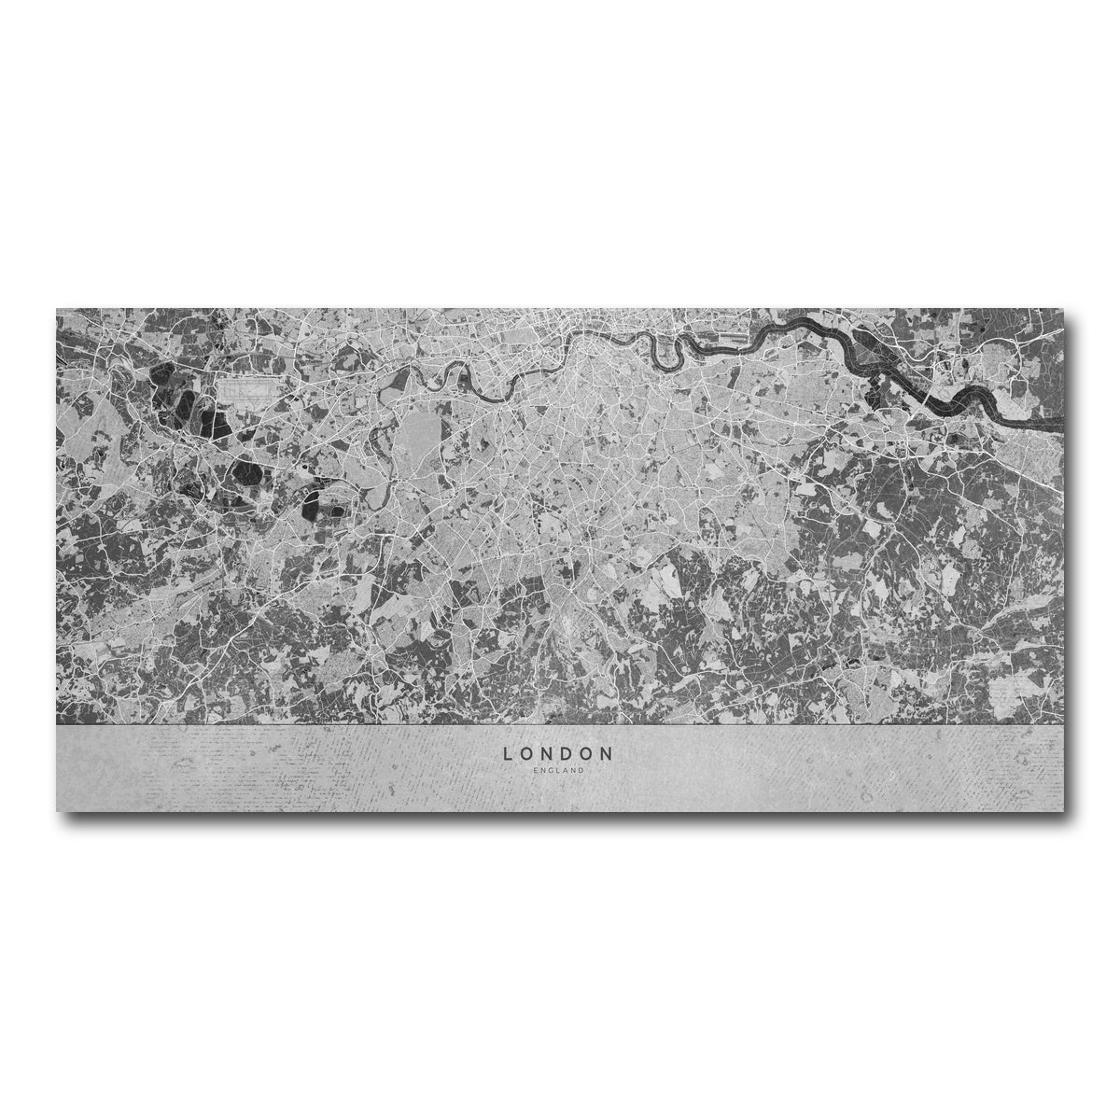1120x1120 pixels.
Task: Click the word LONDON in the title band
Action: tap(558, 752)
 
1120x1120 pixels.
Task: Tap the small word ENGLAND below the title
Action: tap(559, 770)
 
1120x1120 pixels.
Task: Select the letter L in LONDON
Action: tap(509, 752)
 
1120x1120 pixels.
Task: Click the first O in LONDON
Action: tap(527, 752)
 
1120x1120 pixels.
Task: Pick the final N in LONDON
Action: tap(608, 752)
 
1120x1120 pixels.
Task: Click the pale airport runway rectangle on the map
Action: tap(246, 388)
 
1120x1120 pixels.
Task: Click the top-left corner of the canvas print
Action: tap(57, 309)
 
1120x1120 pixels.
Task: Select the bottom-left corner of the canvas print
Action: tap(57, 810)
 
